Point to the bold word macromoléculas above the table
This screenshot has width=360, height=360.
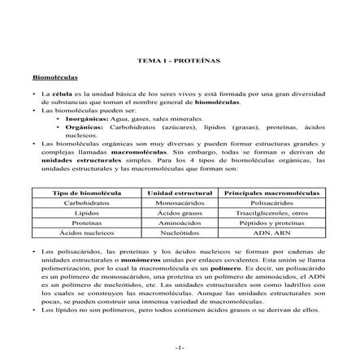pos(116,152)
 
